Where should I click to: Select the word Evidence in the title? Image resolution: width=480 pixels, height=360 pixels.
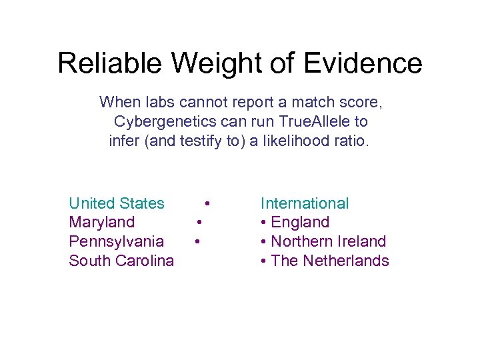363,63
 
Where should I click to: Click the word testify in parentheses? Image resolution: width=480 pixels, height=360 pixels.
204,141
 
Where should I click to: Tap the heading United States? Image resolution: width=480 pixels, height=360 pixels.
117,203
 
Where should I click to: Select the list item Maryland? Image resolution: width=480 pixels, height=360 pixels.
101,222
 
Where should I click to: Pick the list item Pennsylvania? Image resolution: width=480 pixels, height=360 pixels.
116,241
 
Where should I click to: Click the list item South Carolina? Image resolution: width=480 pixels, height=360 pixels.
121,261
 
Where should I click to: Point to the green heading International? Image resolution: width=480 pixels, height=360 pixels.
305,203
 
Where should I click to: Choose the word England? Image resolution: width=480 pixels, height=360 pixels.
300,222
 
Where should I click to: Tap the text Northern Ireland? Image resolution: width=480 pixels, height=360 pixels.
329,241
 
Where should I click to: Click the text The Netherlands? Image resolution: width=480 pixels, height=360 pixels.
330,261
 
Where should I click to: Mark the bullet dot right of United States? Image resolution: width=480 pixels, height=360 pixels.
209,203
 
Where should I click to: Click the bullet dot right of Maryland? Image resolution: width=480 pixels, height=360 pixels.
199,222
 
